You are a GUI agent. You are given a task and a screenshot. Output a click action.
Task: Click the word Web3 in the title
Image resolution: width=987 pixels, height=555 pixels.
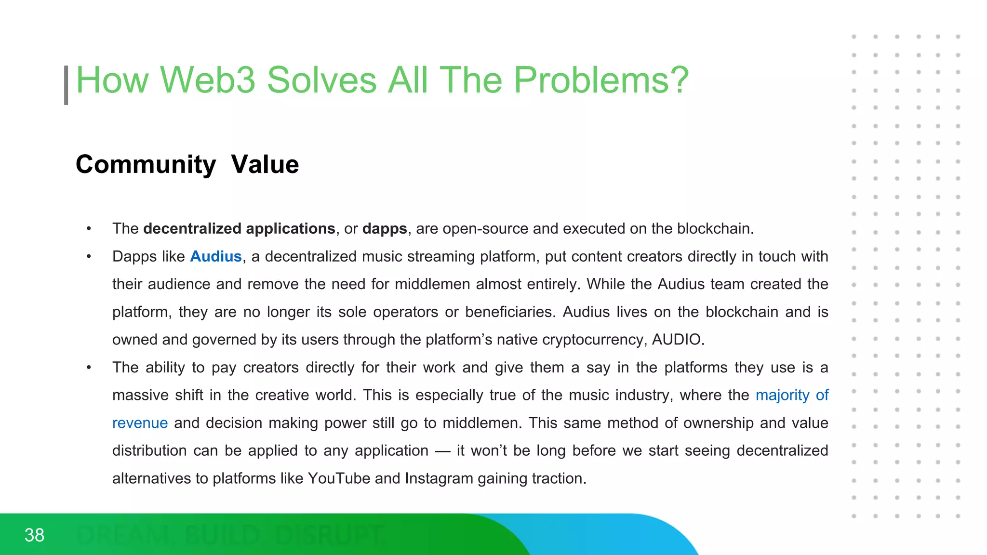(207, 80)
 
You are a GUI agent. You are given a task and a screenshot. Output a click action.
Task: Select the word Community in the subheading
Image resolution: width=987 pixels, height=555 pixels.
(146, 165)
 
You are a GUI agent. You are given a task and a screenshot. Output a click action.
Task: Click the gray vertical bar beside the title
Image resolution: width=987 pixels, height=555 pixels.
(66, 85)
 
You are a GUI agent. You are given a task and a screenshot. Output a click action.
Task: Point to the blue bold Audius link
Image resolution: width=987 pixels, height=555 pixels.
(216, 256)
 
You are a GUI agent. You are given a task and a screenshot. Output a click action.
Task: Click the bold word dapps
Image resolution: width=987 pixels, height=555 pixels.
(385, 228)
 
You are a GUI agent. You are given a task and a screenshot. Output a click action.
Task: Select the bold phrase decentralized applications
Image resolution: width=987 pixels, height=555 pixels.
(239, 228)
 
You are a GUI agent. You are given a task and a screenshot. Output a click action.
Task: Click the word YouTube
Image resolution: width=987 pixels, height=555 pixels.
(339, 478)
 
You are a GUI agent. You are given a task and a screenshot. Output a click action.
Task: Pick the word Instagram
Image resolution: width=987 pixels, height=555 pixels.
(439, 478)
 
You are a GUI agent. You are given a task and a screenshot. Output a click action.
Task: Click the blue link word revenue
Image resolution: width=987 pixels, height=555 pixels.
(140, 423)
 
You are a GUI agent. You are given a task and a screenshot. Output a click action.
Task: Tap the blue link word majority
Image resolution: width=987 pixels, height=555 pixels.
(782, 395)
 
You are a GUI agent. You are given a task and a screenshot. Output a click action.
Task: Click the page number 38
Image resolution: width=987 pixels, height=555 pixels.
(34, 535)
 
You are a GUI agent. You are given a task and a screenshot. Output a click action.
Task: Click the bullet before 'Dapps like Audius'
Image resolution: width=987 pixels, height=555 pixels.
(89, 256)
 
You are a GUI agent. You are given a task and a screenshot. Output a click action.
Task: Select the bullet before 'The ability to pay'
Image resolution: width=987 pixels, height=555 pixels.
(89, 368)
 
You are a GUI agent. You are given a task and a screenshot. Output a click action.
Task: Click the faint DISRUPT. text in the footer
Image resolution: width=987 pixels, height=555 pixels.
(330, 535)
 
